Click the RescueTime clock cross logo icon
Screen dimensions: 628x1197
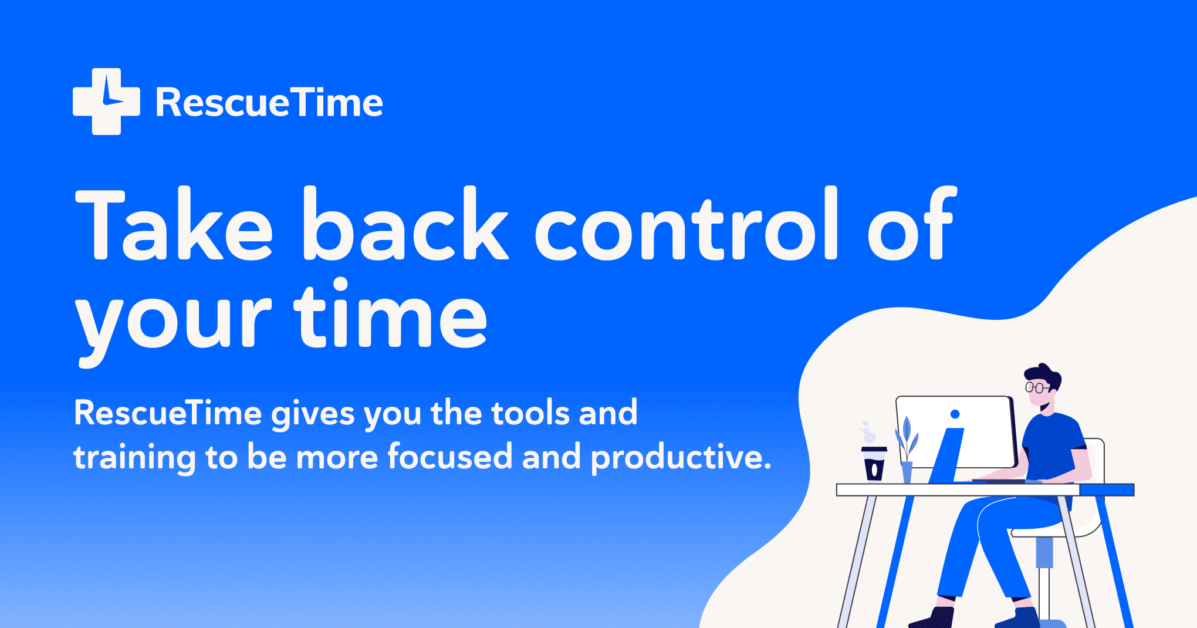[x=106, y=102]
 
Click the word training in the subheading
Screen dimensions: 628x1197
[x=134, y=458]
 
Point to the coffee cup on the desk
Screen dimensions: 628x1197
[x=874, y=464]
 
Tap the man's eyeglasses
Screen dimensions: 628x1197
[x=1036, y=387]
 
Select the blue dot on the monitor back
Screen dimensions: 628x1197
[x=955, y=414]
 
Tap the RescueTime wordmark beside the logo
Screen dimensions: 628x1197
[x=269, y=103]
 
